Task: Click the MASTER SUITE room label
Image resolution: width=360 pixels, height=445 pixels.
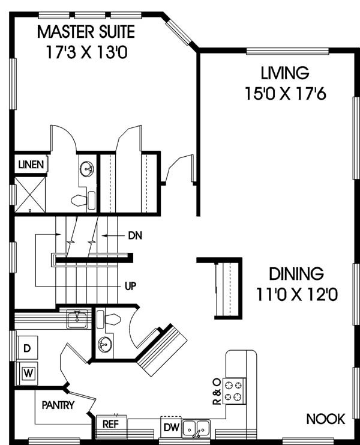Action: pyautogui.click(x=86, y=32)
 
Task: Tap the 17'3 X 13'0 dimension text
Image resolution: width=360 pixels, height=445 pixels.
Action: pyautogui.click(x=86, y=52)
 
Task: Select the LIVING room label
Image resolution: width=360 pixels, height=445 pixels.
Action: pyautogui.click(x=285, y=73)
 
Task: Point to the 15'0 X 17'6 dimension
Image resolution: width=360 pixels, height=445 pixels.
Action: pyautogui.click(x=286, y=94)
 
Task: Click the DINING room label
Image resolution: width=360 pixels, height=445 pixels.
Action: pyautogui.click(x=296, y=274)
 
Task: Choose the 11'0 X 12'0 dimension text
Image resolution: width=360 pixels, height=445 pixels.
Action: pyautogui.click(x=297, y=294)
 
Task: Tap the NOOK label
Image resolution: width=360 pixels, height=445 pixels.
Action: pyautogui.click(x=326, y=419)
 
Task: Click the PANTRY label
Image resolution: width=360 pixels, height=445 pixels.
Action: pyautogui.click(x=58, y=405)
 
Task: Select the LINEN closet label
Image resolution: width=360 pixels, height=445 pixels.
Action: pyautogui.click(x=31, y=165)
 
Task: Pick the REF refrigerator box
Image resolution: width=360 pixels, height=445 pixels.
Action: pyautogui.click(x=111, y=425)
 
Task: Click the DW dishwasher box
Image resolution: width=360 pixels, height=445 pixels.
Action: pyautogui.click(x=172, y=428)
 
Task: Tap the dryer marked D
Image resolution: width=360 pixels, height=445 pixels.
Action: pyautogui.click(x=27, y=348)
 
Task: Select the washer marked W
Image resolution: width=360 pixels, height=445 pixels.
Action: pyautogui.click(x=27, y=373)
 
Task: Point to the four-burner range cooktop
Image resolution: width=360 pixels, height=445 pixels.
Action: pyautogui.click(x=234, y=390)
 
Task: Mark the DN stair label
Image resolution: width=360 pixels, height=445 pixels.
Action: pyautogui.click(x=135, y=235)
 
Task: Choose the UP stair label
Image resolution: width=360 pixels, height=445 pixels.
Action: pyautogui.click(x=130, y=286)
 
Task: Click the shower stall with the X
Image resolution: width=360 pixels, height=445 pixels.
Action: pyautogui.click(x=30, y=195)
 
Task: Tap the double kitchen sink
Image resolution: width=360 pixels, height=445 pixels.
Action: pyautogui.click(x=196, y=428)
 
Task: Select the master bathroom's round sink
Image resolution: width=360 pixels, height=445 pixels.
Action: pyautogui.click(x=87, y=169)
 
